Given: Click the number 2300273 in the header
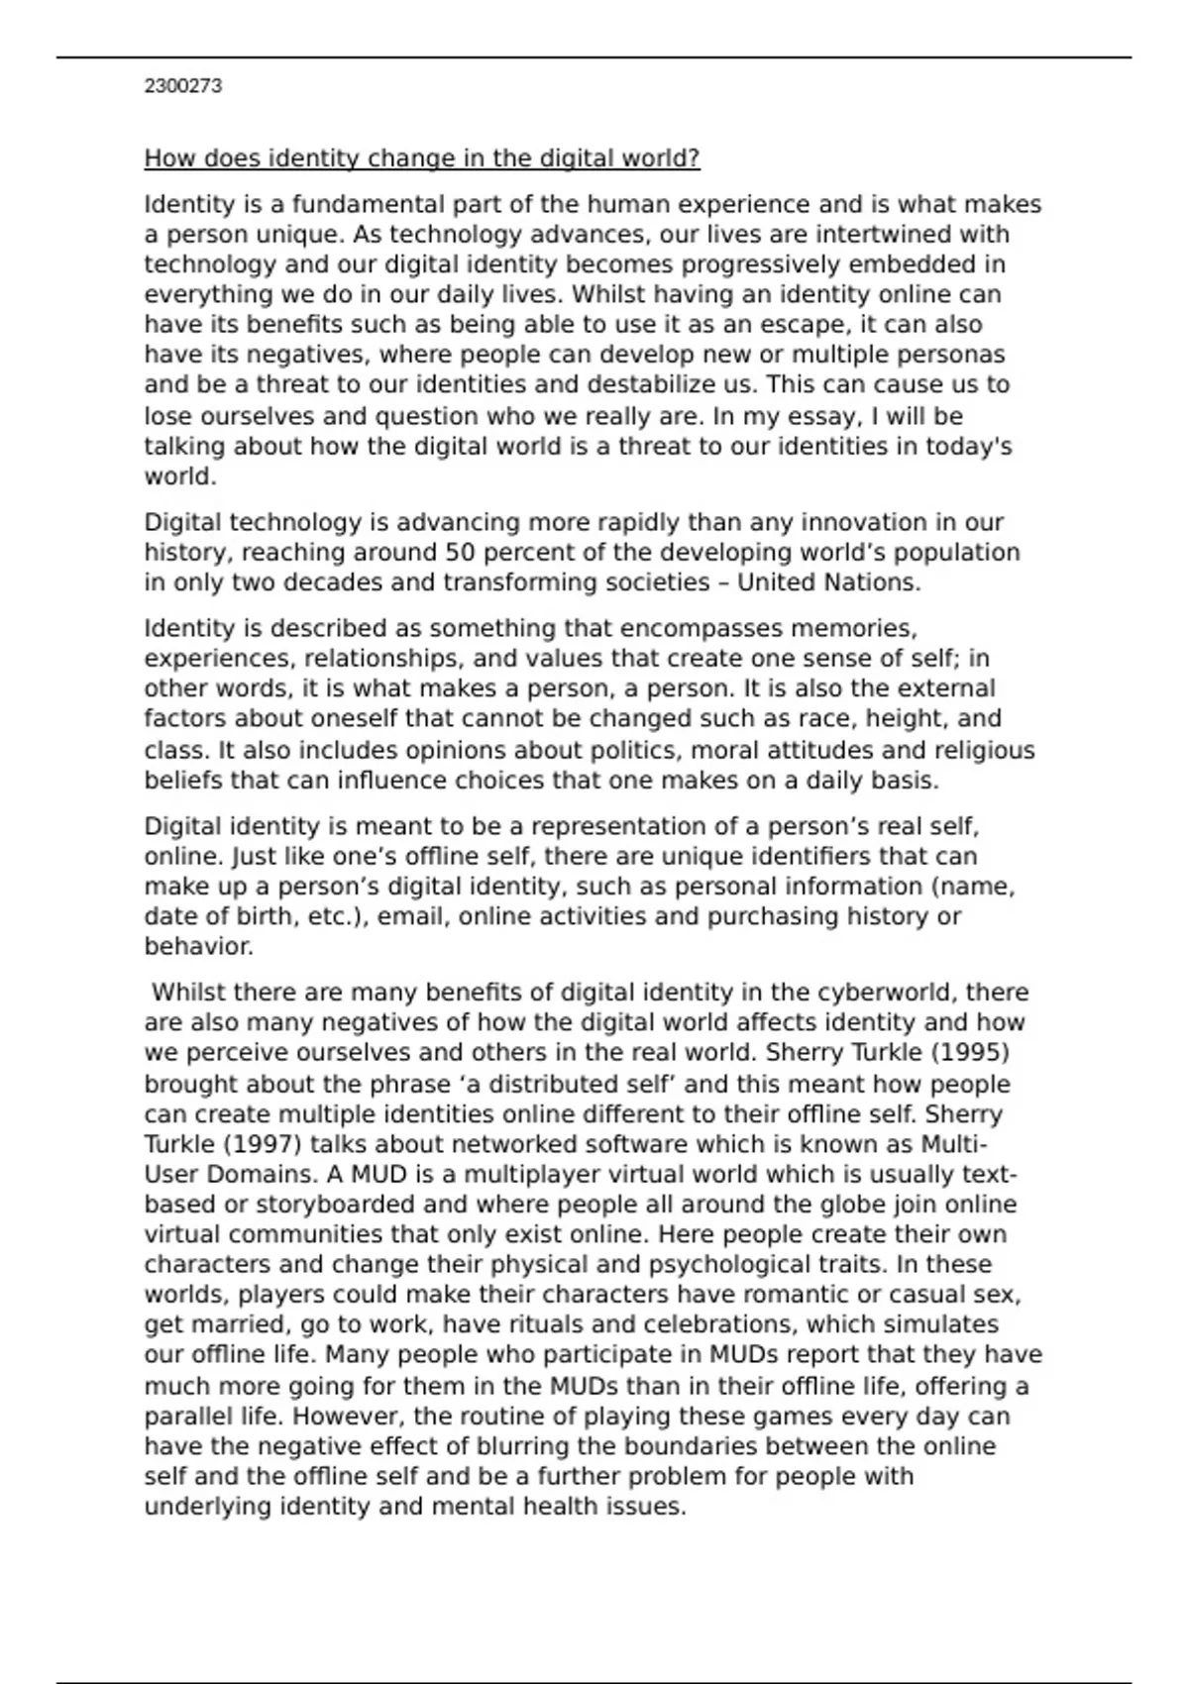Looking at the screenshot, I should pos(182,86).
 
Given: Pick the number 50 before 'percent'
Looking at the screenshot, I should pos(459,553).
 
